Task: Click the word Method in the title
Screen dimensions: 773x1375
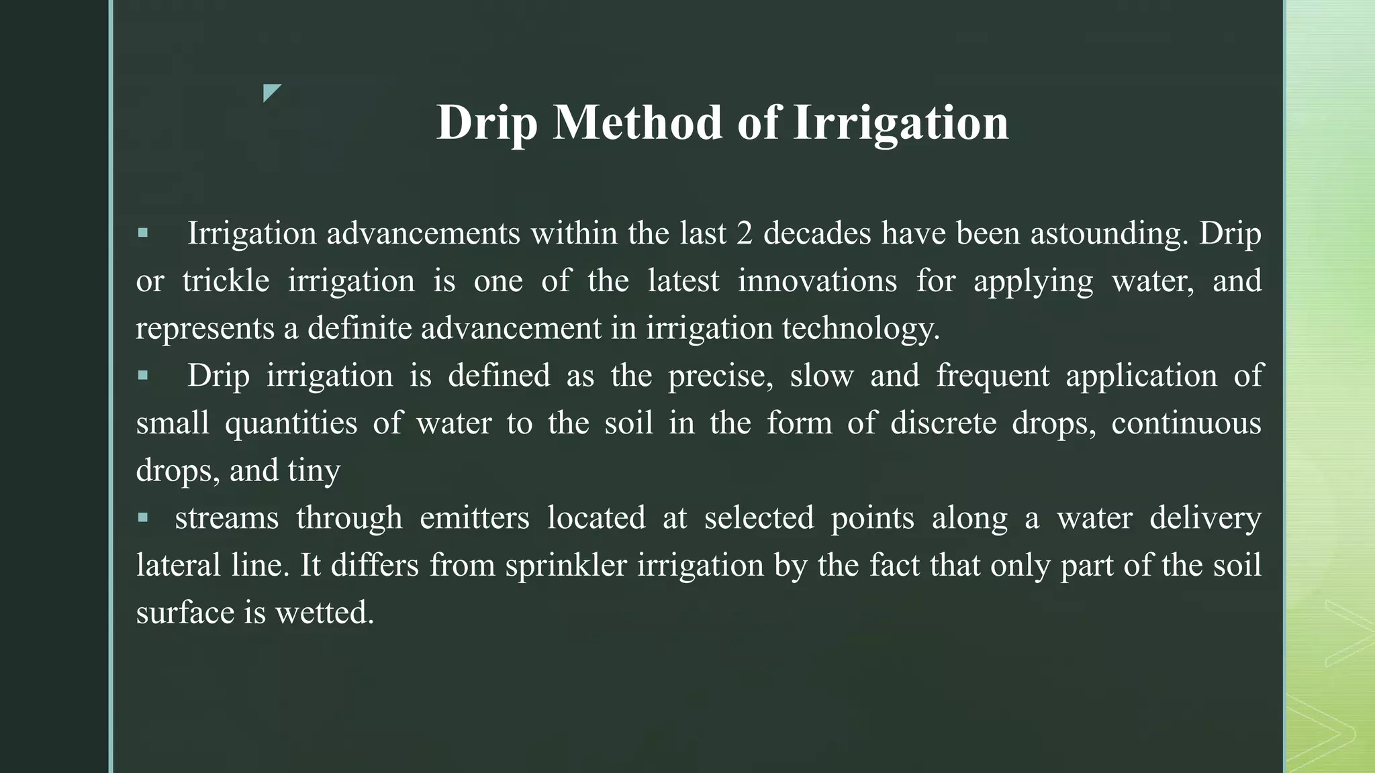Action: coord(637,123)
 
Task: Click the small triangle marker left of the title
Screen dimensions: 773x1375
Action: coord(271,93)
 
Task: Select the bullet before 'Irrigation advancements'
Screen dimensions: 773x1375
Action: coord(142,234)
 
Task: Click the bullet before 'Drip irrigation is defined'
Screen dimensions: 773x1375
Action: coord(142,376)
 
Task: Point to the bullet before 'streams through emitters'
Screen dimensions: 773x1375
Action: coord(142,518)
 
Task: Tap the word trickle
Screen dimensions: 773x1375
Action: coord(226,281)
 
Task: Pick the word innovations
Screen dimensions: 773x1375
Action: coord(817,281)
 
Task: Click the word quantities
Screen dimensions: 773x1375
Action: coord(291,423)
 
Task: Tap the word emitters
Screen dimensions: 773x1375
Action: coord(474,518)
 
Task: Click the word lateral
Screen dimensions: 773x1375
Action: coord(179,566)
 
